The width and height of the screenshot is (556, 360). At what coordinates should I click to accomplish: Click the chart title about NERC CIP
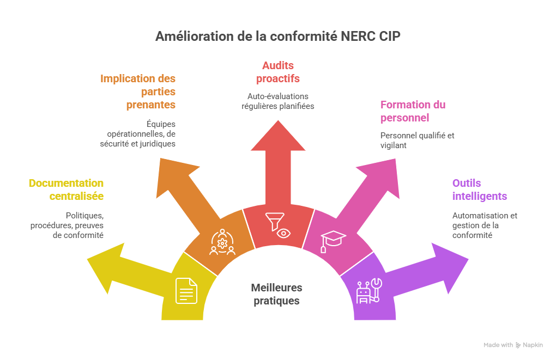pos(277,36)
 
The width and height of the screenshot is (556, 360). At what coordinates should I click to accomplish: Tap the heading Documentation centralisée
pos(66,190)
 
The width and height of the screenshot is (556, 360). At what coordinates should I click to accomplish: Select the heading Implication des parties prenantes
pos(138,91)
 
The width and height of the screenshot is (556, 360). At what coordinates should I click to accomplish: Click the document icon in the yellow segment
pos(186,290)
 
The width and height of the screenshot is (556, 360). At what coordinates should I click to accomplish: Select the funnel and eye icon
pos(278,226)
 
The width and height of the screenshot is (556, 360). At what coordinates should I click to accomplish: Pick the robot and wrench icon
pos(369,290)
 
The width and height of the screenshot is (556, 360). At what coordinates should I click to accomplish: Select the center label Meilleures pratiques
pos(277,294)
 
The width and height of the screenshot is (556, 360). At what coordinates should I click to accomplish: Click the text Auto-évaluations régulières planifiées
pos(278,101)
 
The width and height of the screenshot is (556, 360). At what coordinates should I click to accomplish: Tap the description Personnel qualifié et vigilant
pos(417,141)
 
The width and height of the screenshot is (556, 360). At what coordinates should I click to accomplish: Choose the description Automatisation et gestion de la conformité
pos(484,225)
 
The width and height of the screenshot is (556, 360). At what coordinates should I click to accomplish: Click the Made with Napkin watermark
pos(513,345)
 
